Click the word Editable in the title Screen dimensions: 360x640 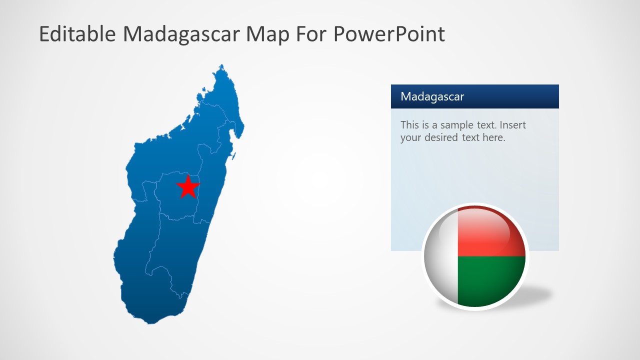[77, 34]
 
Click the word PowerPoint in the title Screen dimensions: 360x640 [388, 34]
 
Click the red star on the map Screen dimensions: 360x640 [188, 187]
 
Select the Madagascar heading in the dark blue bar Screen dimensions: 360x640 [432, 96]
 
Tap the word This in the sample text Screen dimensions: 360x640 [409, 125]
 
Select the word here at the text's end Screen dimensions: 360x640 [493, 137]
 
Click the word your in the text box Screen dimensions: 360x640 [410, 137]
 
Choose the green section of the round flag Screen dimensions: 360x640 [490, 280]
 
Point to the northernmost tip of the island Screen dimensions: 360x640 [221, 65]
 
